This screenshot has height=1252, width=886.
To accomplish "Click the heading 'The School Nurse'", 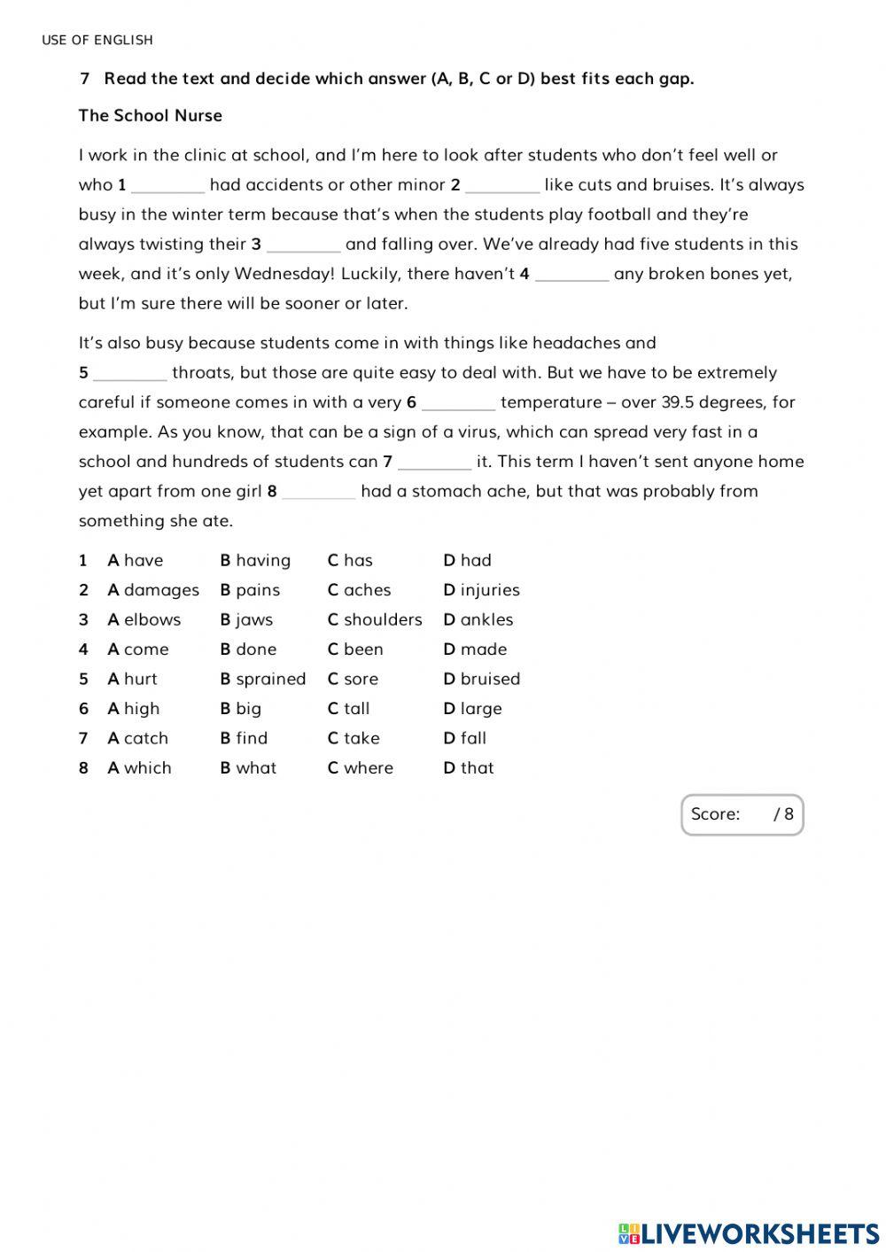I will point(150,115).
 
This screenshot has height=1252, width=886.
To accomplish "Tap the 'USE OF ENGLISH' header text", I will point(97,40).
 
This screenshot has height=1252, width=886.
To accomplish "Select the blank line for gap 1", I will point(167,186).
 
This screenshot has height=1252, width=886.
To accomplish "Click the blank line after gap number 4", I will point(571,275).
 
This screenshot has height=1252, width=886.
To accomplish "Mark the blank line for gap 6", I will point(458,403).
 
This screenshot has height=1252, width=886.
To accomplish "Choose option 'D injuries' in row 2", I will point(481,590).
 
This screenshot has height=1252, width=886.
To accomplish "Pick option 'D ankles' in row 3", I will point(478,619).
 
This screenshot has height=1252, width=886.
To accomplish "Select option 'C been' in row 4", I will point(355,649).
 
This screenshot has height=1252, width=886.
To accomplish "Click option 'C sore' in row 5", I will point(353,679).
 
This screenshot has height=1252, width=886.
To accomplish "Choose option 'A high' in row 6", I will point(134,709).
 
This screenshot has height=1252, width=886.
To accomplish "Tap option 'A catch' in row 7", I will point(137,738).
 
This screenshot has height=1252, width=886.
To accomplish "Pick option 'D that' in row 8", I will point(469,768).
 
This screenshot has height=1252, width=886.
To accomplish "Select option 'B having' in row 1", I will point(255,560).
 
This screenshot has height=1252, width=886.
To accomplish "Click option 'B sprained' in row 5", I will point(262,679).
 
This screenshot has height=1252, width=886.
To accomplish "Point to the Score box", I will point(742,814).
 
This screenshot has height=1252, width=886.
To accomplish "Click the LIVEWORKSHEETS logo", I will point(749,1233).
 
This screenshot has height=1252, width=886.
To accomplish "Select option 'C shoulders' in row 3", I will point(375,619).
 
